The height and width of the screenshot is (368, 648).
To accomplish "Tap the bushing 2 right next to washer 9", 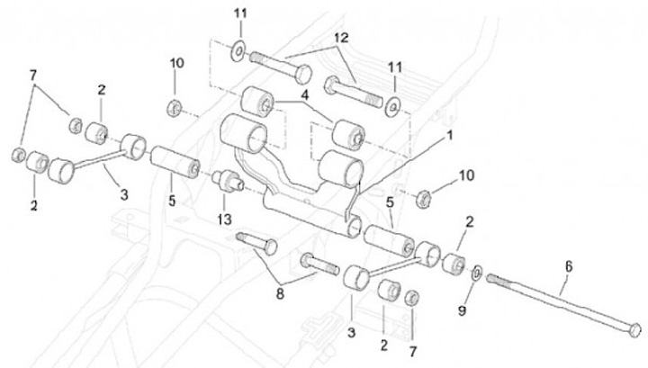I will (x=453, y=263).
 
